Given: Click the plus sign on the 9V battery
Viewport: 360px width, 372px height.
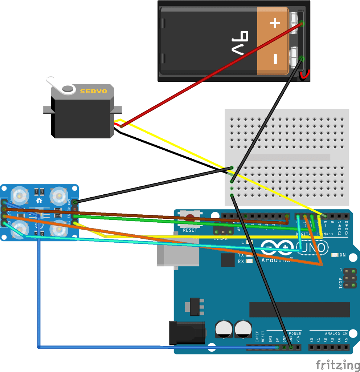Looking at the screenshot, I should coord(275,24).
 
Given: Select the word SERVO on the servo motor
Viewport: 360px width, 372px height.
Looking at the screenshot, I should coord(93,91).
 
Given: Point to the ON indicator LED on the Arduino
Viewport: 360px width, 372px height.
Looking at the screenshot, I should coord(335,255).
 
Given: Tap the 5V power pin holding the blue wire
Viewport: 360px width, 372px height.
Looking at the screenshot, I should coord(278,348).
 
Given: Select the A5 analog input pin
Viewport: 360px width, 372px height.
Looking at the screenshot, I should coord(346,348).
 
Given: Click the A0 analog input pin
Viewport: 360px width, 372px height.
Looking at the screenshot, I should coord(312,348).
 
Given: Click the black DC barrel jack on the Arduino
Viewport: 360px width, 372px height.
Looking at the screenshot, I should coord(187,332).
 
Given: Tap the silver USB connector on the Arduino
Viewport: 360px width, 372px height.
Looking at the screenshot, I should coord(178,254).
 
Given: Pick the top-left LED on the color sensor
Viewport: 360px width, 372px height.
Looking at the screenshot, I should coord(20,196).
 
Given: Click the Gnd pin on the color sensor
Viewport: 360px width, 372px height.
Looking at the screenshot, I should coord(75,202).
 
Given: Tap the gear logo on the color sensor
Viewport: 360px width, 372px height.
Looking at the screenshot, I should coord(39,201).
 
